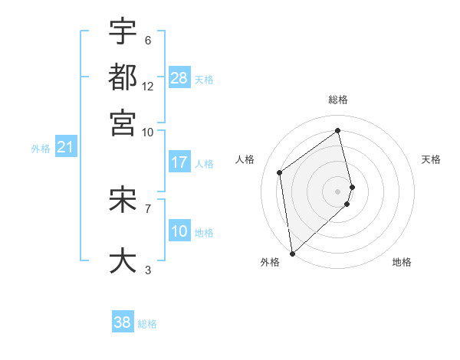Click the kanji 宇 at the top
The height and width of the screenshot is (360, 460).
123,32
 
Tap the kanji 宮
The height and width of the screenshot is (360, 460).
123,122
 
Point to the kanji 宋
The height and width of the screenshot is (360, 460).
123,200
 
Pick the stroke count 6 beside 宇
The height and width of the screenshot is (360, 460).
147,41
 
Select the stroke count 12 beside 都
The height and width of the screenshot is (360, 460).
149,86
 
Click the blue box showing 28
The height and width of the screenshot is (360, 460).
179,78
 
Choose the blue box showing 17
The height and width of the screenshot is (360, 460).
179,162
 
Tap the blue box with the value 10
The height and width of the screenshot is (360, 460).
179,232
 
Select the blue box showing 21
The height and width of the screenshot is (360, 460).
64,147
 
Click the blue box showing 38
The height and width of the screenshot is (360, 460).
123,322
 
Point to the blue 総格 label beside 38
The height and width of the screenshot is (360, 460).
147,324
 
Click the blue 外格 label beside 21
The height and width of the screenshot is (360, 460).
40,149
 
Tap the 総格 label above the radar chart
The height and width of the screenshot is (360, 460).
338,100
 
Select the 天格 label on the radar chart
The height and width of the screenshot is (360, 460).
431,159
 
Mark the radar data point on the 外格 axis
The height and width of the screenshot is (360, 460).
292,253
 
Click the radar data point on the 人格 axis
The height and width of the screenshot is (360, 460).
280,172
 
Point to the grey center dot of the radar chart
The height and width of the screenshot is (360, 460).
338,191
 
